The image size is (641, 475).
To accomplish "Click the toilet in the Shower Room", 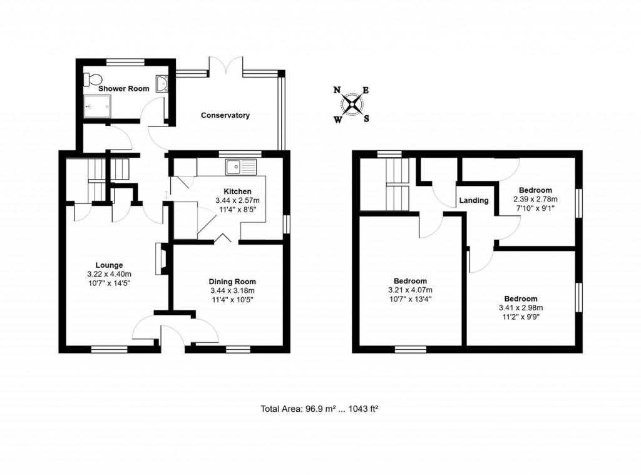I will click(92, 79).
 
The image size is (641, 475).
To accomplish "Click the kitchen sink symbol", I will click(241, 167).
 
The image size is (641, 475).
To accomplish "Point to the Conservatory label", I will click(225, 115).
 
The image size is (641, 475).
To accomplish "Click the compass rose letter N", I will click(337, 90).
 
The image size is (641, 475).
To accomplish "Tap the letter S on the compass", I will click(367, 119).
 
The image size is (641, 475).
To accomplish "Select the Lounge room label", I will click(109, 265).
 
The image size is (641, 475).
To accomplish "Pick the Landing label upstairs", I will click(474, 201).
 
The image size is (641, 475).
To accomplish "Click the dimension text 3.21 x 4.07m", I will click(410, 290).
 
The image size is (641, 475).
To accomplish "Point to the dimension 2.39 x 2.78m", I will click(535, 199).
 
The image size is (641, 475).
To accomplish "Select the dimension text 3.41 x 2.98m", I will click(520, 308).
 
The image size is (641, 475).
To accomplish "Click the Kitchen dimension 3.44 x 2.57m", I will click(237, 200).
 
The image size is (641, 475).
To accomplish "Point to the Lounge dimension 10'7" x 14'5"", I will click(109, 283).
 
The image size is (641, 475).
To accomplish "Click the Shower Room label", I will click(124, 89).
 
